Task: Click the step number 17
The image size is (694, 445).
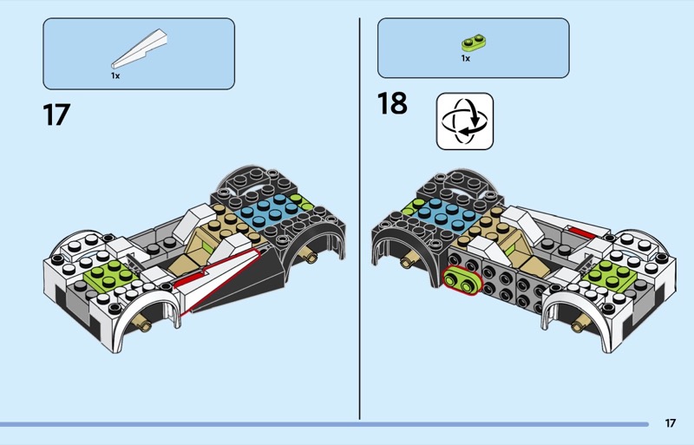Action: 56,115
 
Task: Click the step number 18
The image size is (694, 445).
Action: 392,103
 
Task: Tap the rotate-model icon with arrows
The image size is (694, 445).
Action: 463,121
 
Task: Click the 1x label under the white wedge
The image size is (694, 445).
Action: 115,75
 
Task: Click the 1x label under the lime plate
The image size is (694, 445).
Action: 465,59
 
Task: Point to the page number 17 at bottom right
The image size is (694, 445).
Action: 671,423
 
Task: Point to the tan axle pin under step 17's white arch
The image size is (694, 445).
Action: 145,326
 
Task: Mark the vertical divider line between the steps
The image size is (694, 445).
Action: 359,217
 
